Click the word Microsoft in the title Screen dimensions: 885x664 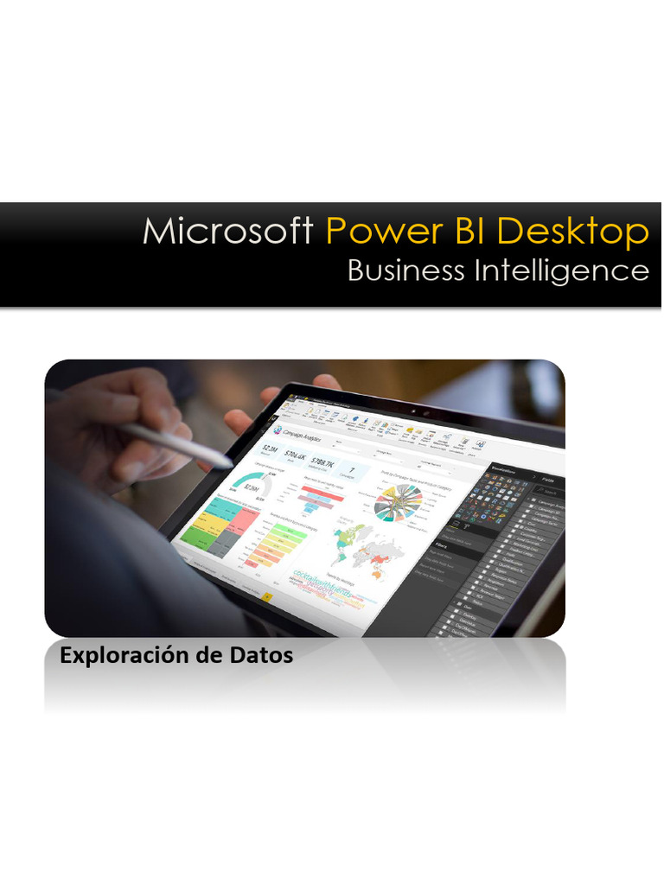[228, 232]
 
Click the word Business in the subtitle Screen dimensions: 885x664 [405, 271]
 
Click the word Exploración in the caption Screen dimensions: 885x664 [118, 656]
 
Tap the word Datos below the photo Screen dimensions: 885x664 [262, 656]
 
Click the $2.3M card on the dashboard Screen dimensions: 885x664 [269, 449]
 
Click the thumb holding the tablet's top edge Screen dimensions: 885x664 [327, 381]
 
